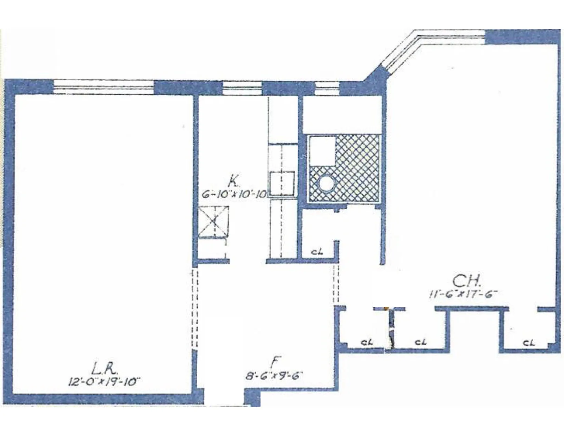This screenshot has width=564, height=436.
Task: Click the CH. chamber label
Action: tap(467, 281)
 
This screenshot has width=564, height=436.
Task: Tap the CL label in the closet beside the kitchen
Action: tap(317, 252)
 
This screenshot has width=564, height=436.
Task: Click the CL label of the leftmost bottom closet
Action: tap(367, 342)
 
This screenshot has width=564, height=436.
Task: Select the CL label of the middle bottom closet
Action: tap(420, 342)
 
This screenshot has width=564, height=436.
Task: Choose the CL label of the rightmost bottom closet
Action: tap(528, 342)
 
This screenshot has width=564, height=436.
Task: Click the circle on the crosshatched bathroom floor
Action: tap(326, 184)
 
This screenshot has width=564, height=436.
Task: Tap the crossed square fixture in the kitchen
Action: tap(214, 222)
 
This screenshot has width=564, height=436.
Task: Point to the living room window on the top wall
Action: tap(104, 87)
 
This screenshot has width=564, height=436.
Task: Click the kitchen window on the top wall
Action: tap(242, 88)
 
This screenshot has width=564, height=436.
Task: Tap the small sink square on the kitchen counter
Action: tap(282, 183)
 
